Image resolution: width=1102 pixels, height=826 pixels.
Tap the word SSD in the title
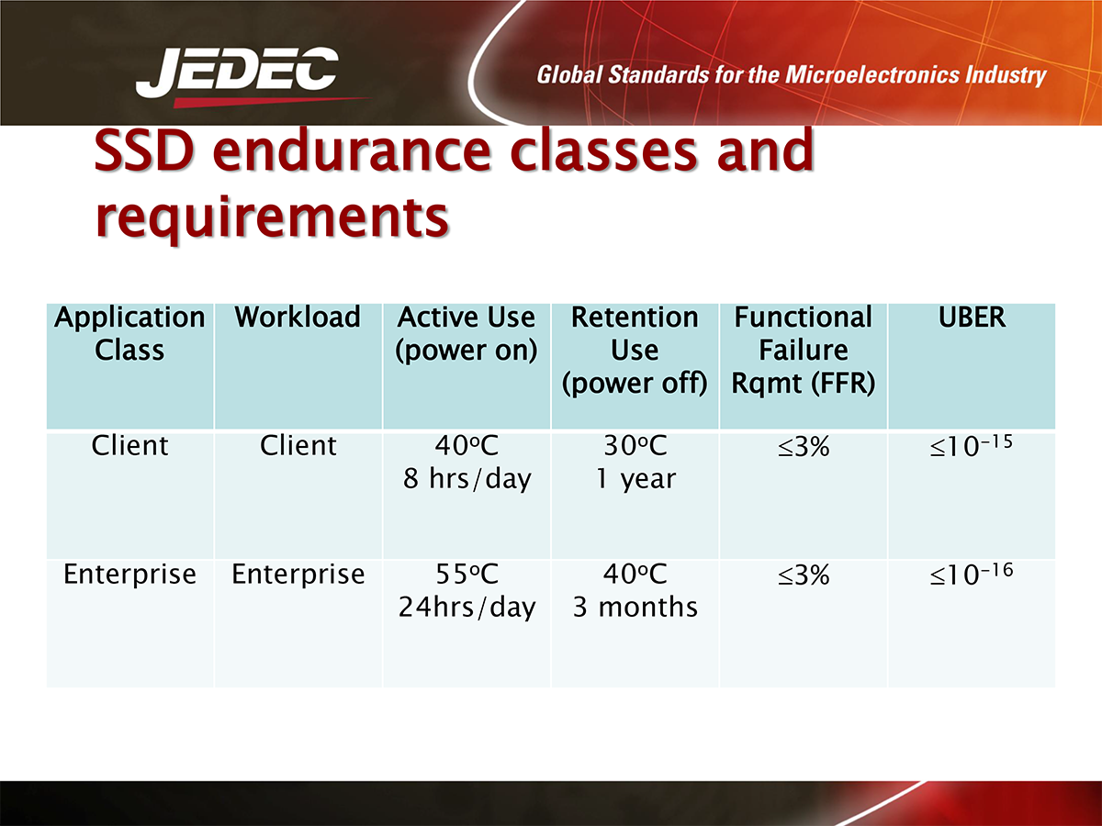pos(144,151)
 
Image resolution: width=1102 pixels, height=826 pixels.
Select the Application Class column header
pos(129,333)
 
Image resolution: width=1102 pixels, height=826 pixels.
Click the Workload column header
pos(298,317)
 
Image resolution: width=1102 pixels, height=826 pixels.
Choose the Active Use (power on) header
pos(467,333)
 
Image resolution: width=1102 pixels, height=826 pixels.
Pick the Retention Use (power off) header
pos(635,351)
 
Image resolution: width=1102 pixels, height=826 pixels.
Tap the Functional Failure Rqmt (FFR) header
pos(804,351)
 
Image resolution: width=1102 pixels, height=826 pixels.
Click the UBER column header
pos(972,317)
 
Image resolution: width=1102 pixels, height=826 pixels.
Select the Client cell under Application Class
pos(129,445)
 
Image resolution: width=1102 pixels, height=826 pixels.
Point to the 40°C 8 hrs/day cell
pos(467,462)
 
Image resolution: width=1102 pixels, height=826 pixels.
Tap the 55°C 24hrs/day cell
pos(467,590)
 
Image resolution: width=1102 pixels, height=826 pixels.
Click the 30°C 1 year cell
pos(635,462)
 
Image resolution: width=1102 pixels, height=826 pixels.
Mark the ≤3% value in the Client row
pos(804,446)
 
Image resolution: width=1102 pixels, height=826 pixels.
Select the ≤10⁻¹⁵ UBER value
pos(972,446)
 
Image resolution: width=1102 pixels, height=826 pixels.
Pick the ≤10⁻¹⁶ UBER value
pos(972,575)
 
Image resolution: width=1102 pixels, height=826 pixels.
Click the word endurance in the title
pos(351,151)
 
